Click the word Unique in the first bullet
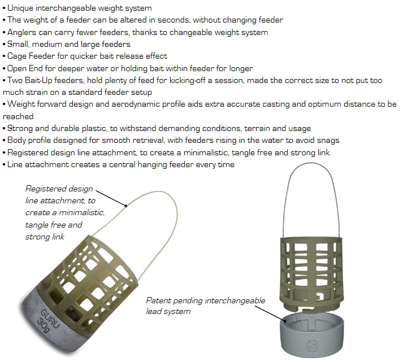tap(20, 8)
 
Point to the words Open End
tap(26, 68)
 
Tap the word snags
tap(328, 140)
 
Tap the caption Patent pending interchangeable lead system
tap(205, 306)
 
